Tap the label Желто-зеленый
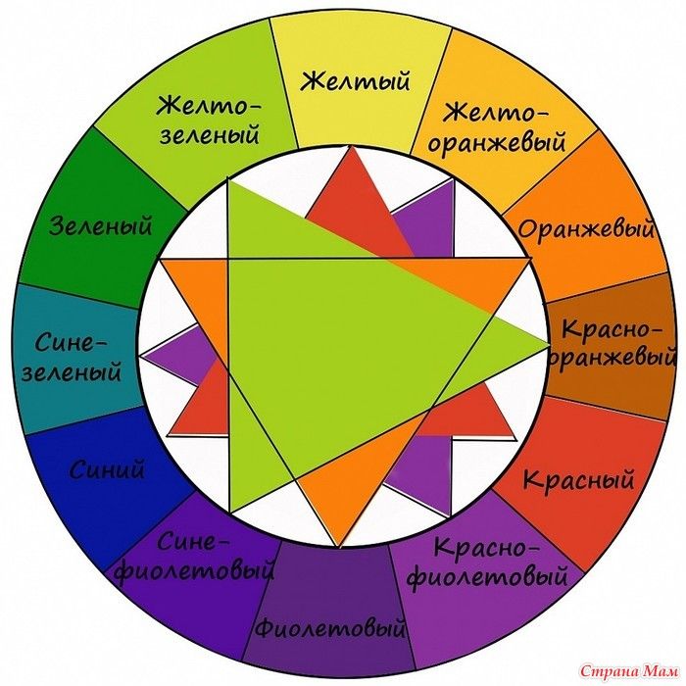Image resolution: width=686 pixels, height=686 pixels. click(213, 118)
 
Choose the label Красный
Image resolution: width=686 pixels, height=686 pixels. click(578, 480)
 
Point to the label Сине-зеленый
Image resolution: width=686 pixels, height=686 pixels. click(78, 358)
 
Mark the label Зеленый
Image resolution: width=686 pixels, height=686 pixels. click(102, 227)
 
